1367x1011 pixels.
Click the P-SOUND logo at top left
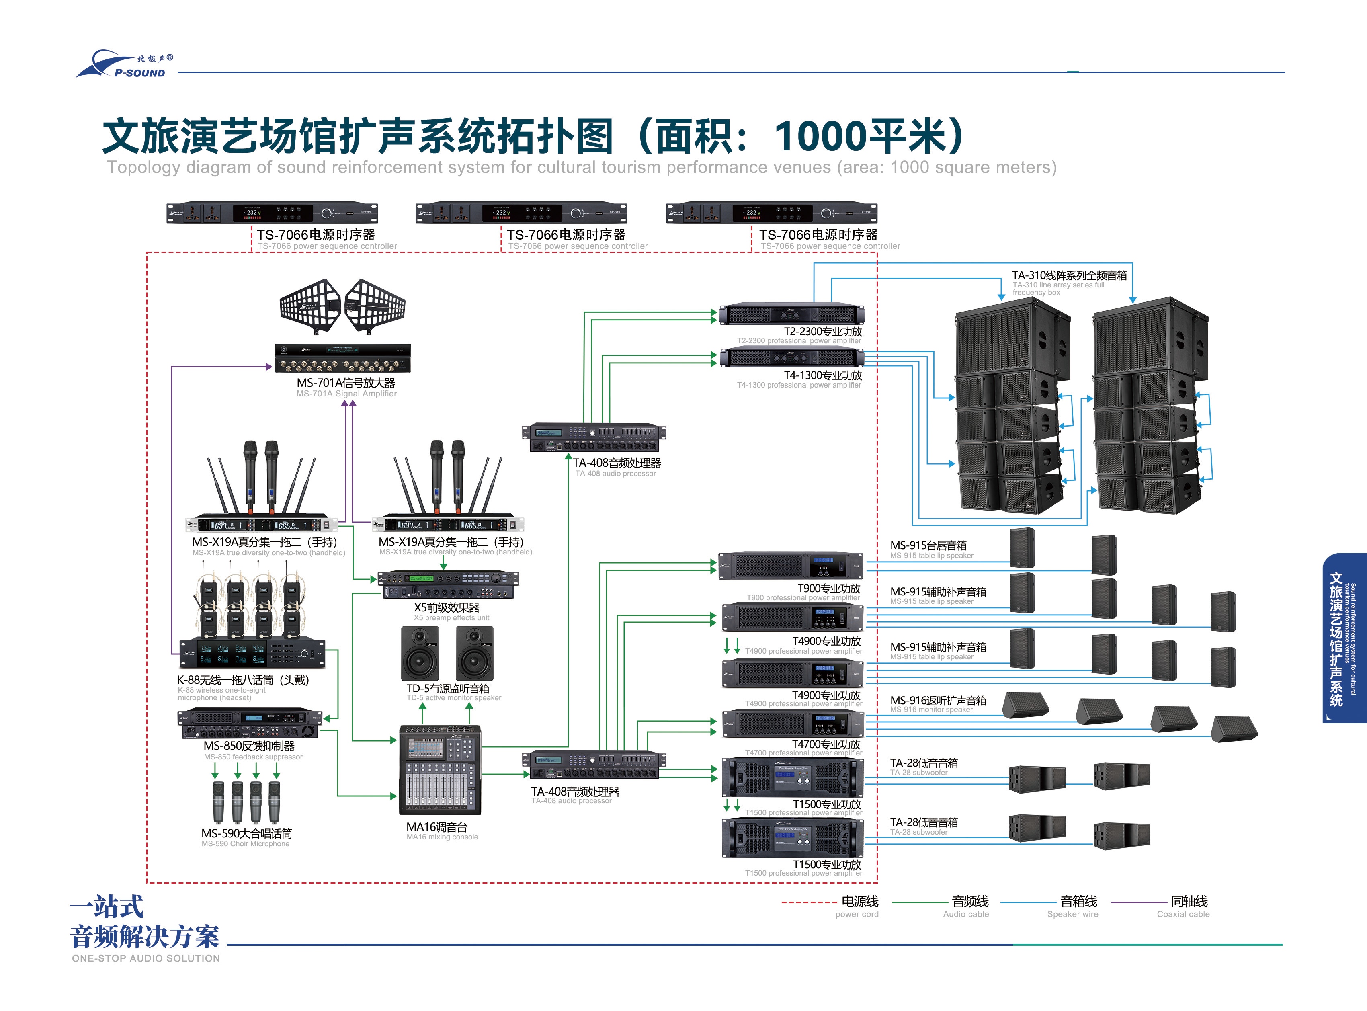(125, 65)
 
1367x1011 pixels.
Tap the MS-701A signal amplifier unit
(343, 359)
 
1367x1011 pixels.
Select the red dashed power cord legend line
(808, 902)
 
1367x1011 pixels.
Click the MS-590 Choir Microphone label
(247, 834)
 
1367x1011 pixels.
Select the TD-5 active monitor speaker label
(448, 689)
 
